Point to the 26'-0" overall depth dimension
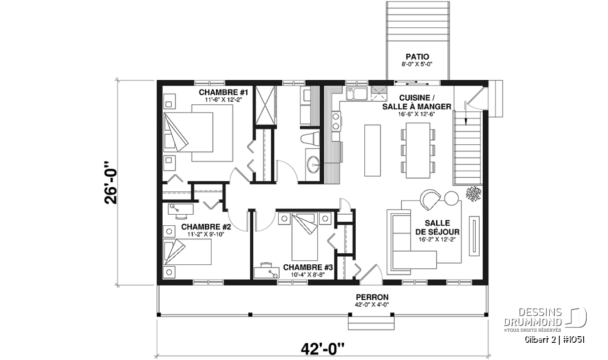pyautogui.click(x=110, y=183)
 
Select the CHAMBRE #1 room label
pyautogui.click(x=223, y=92)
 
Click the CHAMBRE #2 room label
pyautogui.click(x=206, y=226)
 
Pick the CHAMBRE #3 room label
pyautogui.click(x=308, y=267)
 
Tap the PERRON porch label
pyautogui.click(x=372, y=297)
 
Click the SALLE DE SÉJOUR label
pyautogui.click(x=437, y=227)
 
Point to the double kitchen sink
pyautogui.click(x=356, y=94)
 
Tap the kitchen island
pyautogui.click(x=372, y=150)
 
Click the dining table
pyautogui.click(x=418, y=150)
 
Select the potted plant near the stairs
pyautogui.click(x=473, y=194)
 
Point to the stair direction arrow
pyautogui.click(x=466, y=113)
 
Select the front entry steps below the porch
pyautogui.click(x=371, y=323)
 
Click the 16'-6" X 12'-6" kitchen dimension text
pyautogui.click(x=416, y=114)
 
